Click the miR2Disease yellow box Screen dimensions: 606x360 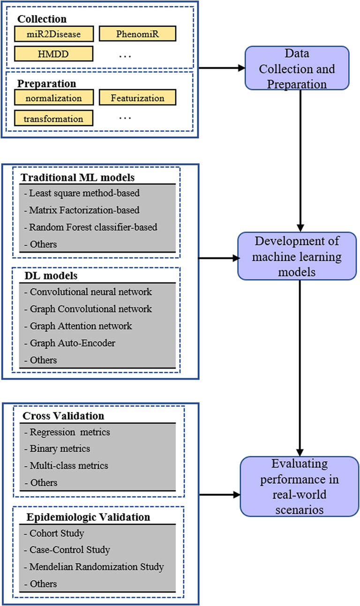pyautogui.click(x=54, y=34)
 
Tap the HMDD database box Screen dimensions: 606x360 pyautogui.click(x=54, y=54)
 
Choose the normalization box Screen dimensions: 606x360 pyautogui.click(x=54, y=98)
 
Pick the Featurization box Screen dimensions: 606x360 pyautogui.click(x=137, y=98)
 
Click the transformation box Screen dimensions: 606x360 pyautogui.click(x=54, y=118)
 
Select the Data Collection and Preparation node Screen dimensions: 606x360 pyautogui.click(x=297, y=69)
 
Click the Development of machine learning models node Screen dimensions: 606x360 pyautogui.click(x=297, y=257)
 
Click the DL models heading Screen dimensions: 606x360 pyautogui.click(x=44, y=277)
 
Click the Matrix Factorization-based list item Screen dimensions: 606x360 pyautogui.click(x=85, y=210)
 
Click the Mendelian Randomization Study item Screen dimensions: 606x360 pyautogui.click(x=94, y=567)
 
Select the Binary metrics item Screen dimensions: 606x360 pyautogui.click(x=57, y=449)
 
